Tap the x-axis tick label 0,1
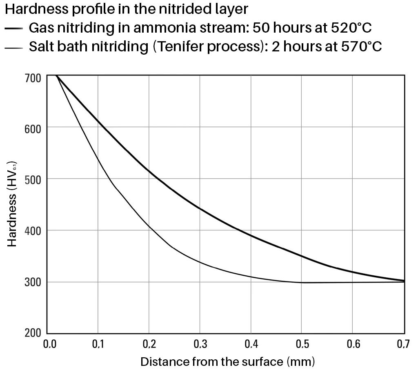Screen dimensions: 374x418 tap(98, 345)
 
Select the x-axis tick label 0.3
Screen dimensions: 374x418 tap(200, 345)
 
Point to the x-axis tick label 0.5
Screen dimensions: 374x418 tap(302, 345)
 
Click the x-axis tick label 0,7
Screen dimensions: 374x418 tap(403, 345)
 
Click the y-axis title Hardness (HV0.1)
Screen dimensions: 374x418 tap(12, 204)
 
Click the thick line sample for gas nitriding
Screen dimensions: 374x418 tap(13, 29)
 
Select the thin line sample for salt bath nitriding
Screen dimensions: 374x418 tap(13, 48)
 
